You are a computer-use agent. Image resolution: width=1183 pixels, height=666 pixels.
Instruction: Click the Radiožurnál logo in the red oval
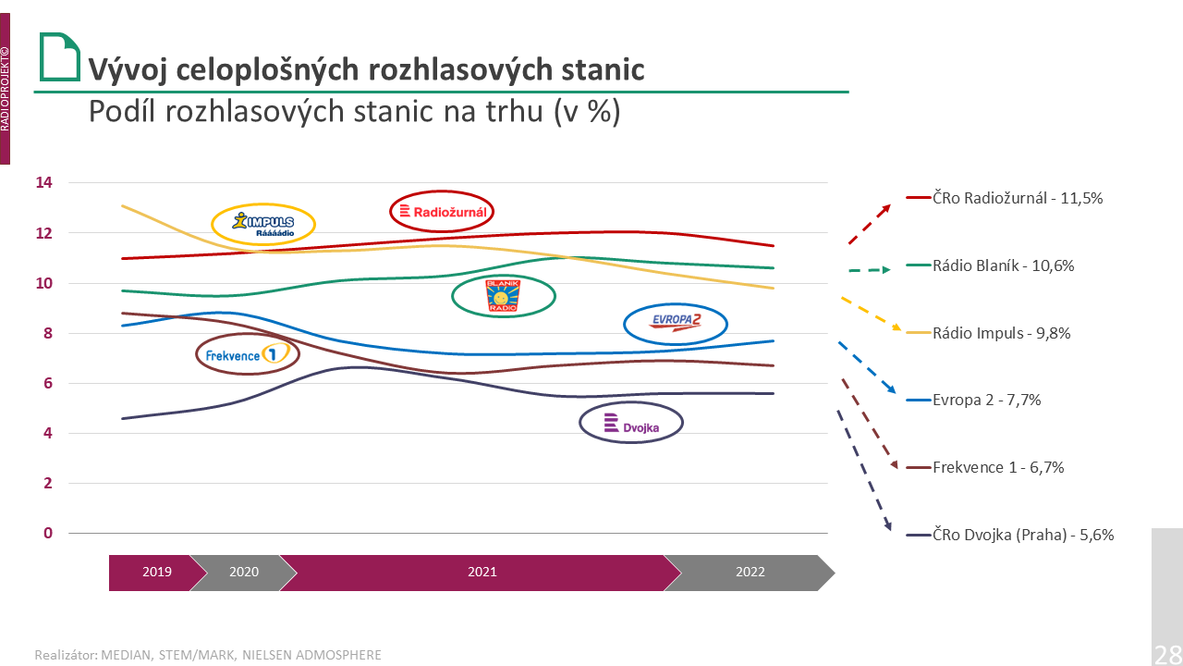point(442,212)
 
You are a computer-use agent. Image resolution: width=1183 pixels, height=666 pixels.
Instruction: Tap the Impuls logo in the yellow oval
point(263,224)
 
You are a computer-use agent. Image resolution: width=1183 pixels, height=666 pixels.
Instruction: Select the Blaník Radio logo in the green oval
point(503,296)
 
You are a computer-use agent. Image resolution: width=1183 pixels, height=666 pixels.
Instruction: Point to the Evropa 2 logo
point(676,322)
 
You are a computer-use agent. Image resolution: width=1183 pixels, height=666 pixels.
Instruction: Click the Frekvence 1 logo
point(248,353)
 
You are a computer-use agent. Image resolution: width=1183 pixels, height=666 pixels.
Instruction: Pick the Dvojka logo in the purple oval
point(630,424)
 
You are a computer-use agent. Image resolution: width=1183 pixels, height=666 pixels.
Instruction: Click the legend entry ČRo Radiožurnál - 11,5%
point(1018,198)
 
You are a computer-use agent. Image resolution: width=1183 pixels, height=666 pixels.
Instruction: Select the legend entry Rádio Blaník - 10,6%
point(1004,265)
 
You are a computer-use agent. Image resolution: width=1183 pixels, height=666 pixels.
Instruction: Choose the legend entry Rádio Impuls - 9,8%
point(1001,333)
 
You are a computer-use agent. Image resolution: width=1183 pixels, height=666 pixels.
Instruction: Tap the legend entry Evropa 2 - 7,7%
point(987,401)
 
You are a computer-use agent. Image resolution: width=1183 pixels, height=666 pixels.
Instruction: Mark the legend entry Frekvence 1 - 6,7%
point(998,467)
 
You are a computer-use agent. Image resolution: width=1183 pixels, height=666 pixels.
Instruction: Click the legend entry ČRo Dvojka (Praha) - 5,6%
point(1023,535)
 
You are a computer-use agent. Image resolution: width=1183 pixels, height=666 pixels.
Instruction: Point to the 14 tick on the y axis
point(44,183)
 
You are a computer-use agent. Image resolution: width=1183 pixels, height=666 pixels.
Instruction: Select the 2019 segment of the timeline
point(155,572)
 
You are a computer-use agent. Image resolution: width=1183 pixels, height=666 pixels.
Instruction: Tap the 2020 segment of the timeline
point(243,572)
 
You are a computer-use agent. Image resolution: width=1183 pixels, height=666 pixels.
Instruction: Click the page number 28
point(1167,654)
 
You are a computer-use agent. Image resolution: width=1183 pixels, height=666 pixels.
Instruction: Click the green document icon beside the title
point(59,57)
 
